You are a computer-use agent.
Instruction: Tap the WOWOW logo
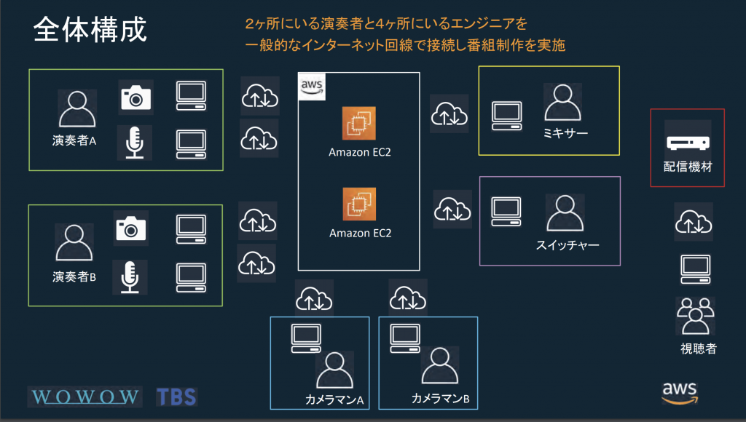pos(85,397)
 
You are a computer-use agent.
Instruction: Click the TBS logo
pos(176,397)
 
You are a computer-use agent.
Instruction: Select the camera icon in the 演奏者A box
pos(136,97)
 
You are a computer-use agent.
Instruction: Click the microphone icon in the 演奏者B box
pos(130,277)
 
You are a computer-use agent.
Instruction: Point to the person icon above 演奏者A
pos(76,110)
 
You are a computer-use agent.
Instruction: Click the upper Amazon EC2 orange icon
pos(358,125)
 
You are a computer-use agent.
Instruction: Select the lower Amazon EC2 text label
pos(360,234)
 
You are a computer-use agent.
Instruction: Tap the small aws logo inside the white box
pos(312,87)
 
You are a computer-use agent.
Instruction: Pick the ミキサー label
pos(565,133)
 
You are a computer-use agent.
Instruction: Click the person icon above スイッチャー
pos(565,213)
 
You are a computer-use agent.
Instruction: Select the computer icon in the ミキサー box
pos(506,113)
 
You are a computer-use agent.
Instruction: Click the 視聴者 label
pos(698,349)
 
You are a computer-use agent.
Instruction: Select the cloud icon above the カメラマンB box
pos(408,297)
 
